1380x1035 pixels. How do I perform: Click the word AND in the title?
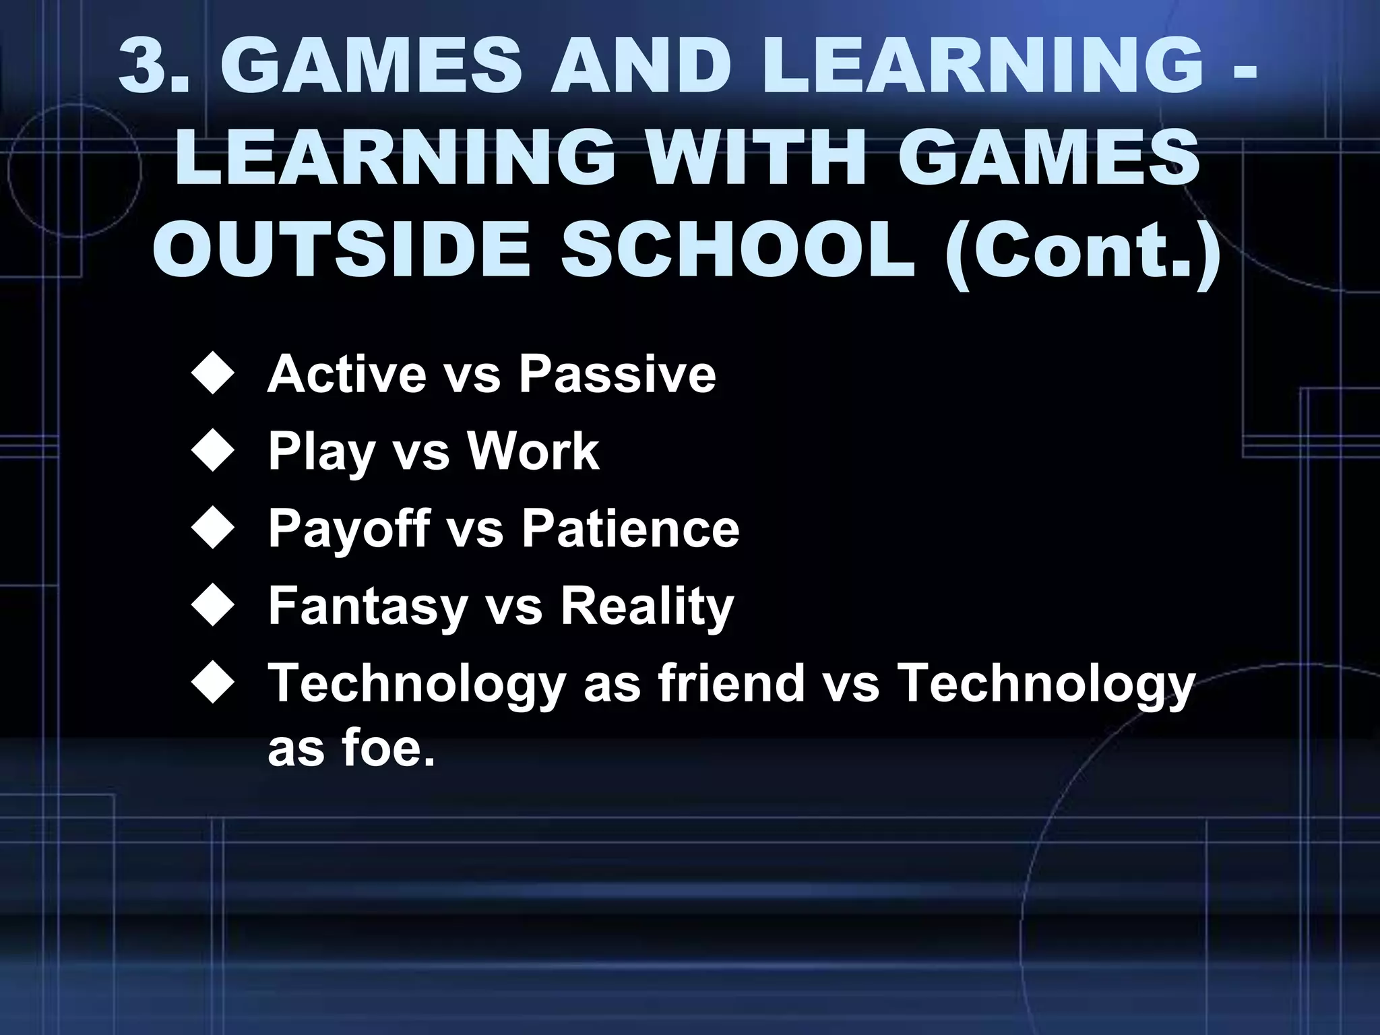tap(641, 65)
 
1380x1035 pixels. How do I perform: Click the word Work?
tap(533, 451)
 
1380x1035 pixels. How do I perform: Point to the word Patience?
tap(630, 528)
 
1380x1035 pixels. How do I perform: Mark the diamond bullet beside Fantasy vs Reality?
tap(213, 605)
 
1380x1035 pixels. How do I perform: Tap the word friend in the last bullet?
tap(730, 683)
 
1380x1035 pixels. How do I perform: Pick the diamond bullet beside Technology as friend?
tap(213, 683)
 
